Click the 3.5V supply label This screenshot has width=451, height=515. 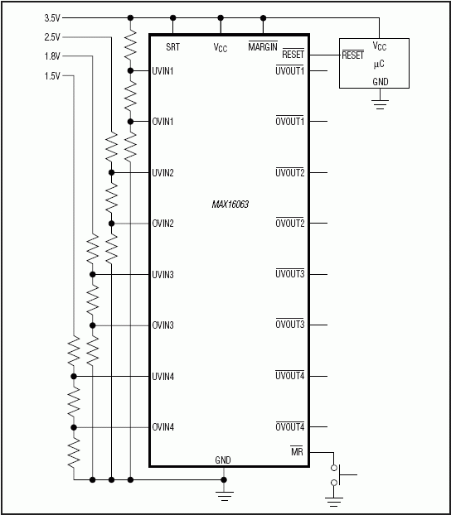pos(51,17)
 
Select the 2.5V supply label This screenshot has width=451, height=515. pos(51,37)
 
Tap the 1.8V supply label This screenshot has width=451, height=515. pos(51,56)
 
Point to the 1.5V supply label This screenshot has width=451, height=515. pos(51,76)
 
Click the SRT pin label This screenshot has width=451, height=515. pos(172,47)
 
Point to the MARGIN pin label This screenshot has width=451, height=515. pos(263,47)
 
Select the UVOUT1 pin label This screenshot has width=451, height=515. pos(290,70)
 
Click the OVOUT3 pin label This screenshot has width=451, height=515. pos(290,325)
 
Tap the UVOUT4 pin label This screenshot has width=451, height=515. pos(290,376)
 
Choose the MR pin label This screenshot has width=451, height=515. pos(297,451)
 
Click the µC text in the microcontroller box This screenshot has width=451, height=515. pos(379,64)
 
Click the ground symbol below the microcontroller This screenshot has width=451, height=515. pos(380,104)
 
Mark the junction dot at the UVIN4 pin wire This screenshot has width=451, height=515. pos(73,376)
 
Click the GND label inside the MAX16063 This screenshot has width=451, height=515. pos(223,460)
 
